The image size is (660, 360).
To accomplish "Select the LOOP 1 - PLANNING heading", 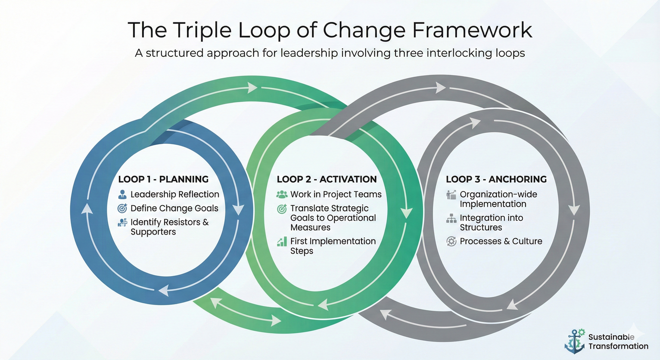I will (163, 179).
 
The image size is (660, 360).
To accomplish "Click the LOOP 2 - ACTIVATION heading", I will (327, 179).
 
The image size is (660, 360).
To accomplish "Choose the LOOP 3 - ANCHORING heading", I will (496, 179).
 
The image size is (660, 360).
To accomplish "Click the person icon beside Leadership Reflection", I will (122, 194).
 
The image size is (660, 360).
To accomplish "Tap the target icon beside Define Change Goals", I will (122, 208).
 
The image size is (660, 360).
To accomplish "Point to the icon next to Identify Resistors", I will (122, 223).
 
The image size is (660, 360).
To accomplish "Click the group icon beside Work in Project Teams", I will (282, 194).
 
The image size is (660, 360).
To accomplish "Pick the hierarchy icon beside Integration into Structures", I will (451, 218).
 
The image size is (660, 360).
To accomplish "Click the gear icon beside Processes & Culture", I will (451, 241).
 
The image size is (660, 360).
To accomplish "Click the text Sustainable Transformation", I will (618, 342).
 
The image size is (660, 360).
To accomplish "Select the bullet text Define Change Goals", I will (174, 208).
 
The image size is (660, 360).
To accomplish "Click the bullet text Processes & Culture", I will (501, 241).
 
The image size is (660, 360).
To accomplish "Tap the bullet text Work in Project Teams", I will (336, 194).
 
